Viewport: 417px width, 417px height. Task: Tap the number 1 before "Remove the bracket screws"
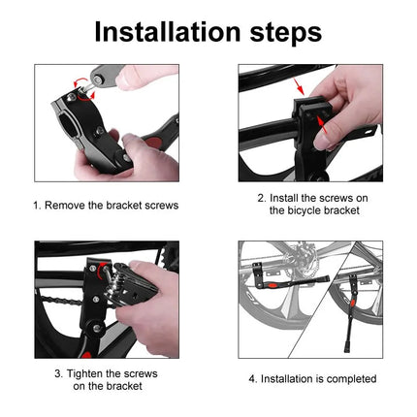(37, 205)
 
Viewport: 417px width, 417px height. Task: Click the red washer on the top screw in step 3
(93, 265)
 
